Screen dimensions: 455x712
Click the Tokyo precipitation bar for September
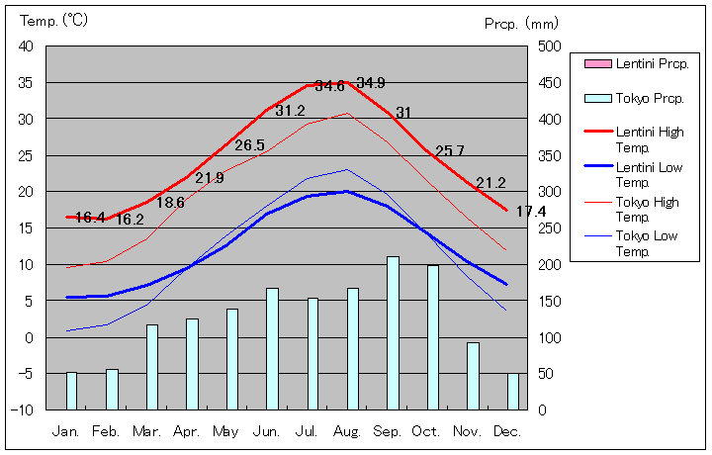click(393, 332)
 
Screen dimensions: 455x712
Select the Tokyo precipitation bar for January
click(71, 391)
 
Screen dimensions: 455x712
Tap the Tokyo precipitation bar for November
click(473, 376)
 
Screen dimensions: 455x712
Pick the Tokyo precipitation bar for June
click(272, 348)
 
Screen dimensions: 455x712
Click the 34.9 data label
click(371, 82)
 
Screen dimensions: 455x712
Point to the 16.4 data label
click(90, 218)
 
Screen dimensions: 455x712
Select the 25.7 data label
click(450, 151)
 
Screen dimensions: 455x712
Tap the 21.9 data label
click(209, 178)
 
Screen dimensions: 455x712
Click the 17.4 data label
click(531, 212)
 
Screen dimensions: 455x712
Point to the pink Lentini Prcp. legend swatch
click(597, 63)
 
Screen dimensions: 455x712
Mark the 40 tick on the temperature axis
click(26, 46)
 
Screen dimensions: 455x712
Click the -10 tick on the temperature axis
click(24, 409)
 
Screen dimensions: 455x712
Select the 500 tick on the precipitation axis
click(551, 46)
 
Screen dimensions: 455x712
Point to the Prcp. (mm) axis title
click(522, 22)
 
